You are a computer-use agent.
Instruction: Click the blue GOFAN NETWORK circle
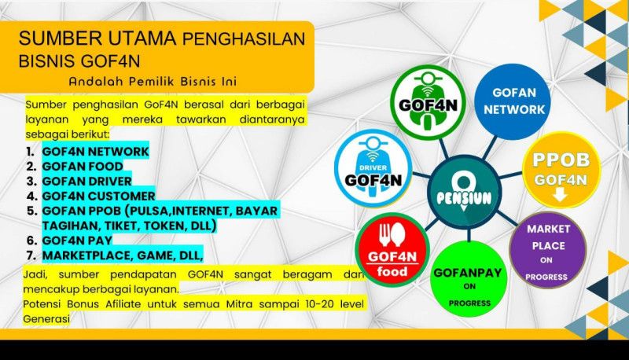tap(513, 102)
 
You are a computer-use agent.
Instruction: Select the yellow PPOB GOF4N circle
tap(561, 171)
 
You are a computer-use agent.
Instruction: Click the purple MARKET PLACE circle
tap(548, 251)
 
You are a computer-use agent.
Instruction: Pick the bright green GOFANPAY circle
tap(469, 279)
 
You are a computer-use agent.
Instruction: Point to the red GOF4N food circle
tap(392, 250)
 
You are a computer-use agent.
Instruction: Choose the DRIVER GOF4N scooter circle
tap(373, 167)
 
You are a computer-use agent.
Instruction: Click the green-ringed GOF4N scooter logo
tap(428, 103)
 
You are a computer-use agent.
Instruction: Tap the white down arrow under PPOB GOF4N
tap(560, 196)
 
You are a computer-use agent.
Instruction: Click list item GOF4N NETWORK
tap(95, 152)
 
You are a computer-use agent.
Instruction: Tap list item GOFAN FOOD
tap(83, 167)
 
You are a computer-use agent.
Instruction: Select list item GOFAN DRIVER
tap(86, 182)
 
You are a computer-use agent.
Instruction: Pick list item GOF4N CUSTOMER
tap(98, 196)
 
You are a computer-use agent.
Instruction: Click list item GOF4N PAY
tap(76, 241)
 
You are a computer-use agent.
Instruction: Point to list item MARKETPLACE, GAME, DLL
tap(123, 255)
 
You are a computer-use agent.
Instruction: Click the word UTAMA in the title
tap(142, 39)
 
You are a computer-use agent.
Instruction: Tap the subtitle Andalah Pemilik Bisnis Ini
tap(153, 82)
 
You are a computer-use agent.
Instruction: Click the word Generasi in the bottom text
tap(46, 319)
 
